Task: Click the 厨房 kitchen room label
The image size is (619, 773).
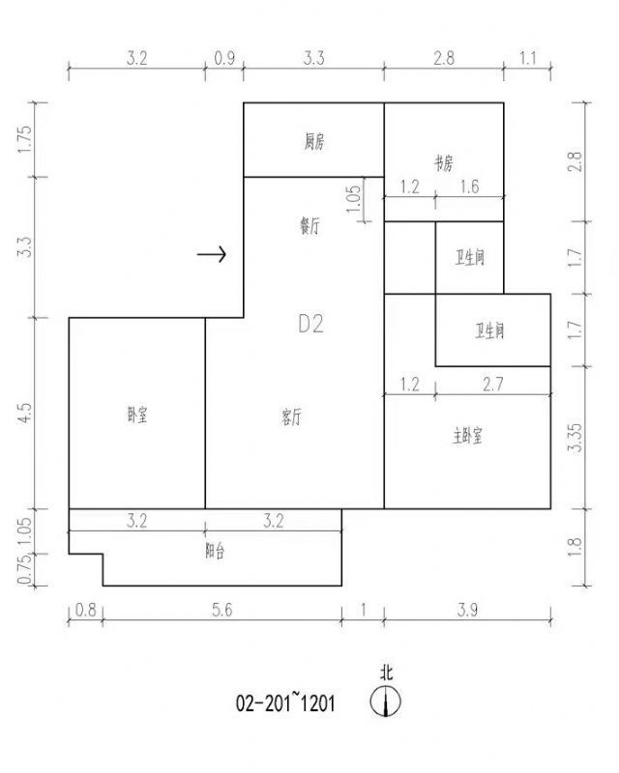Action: pos(314,142)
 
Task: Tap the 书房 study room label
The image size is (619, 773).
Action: pos(443,163)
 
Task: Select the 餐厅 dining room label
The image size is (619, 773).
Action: pos(310,226)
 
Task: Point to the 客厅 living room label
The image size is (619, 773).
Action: pos(291,417)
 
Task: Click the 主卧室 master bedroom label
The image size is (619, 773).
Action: pos(467,436)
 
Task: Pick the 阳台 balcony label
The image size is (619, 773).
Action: pos(215,551)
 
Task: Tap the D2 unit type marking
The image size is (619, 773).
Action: pos(311,324)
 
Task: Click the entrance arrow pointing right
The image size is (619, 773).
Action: pos(212,254)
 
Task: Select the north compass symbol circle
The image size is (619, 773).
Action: pos(386,701)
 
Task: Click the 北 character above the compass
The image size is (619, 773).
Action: pos(386,673)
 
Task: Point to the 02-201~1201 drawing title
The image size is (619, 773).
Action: pos(285,702)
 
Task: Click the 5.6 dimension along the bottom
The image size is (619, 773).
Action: pos(222,610)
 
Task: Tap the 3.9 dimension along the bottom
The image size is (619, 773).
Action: pos(467,610)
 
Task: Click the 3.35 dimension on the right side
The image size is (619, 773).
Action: pos(575,438)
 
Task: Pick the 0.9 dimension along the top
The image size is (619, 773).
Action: pos(224,58)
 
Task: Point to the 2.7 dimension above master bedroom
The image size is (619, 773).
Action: pos(492,384)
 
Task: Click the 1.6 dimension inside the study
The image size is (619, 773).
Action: pos(469,186)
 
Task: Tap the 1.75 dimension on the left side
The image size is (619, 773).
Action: pos(25,139)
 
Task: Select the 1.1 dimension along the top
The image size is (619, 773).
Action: pos(527,58)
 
